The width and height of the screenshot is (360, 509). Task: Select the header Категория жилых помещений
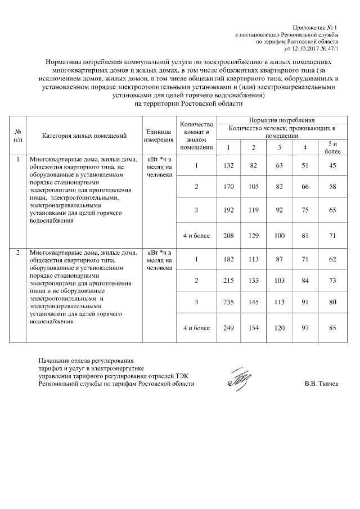(x=84, y=136)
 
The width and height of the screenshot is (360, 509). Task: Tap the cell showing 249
(x=228, y=328)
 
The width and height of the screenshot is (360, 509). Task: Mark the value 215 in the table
(x=228, y=281)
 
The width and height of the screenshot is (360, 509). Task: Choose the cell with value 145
(x=254, y=303)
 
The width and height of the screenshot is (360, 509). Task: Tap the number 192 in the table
(x=228, y=209)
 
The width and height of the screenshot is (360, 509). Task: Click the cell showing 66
(x=305, y=186)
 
